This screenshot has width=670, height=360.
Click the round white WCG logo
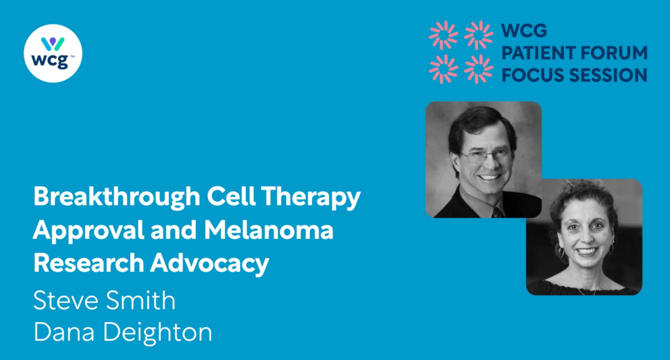coord(53,54)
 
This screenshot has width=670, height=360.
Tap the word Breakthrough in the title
coord(116,197)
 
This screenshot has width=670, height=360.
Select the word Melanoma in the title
coord(268,230)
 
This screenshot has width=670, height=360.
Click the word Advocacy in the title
coord(209,263)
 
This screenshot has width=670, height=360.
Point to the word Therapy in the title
coord(311,197)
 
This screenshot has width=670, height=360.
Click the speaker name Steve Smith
coord(104,300)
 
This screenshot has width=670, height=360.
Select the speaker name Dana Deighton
coord(122,333)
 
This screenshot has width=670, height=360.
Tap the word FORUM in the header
coord(612,53)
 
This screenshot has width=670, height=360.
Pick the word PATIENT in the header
coord(536,53)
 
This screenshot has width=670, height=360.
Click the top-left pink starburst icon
coord(444,35)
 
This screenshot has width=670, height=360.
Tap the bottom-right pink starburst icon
coord(478,69)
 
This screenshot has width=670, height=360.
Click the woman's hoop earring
coord(561,252)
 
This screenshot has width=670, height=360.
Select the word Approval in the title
coord(89,230)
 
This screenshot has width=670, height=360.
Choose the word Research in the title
coord(89,263)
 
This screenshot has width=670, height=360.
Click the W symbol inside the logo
coord(53,44)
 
